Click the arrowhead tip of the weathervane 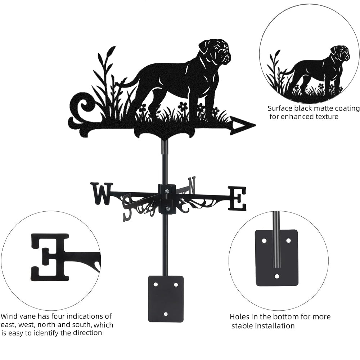tap(256, 126)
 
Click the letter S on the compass tap(128, 206)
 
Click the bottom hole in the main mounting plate tap(166, 314)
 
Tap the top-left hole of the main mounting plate tap(156, 284)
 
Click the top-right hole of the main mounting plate tap(176, 285)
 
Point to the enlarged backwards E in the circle tap(50, 258)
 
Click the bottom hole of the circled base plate tap(277, 276)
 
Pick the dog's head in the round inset tap(341, 53)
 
